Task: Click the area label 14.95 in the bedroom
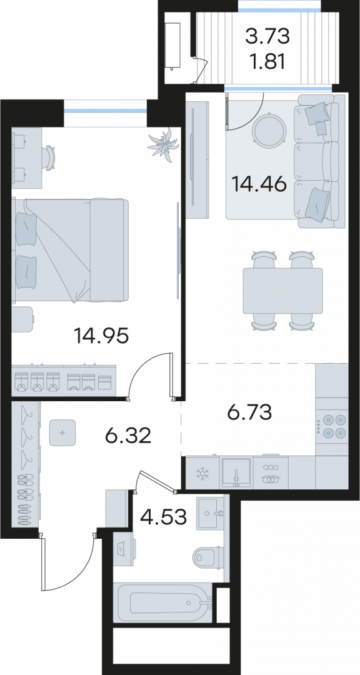(x=101, y=336)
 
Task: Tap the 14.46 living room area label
(x=259, y=184)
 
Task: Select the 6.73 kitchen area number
(x=249, y=413)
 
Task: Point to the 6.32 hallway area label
(x=128, y=436)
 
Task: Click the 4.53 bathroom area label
(x=164, y=517)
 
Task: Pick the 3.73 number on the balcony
(x=267, y=37)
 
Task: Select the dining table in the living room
(x=283, y=291)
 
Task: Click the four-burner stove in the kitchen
(x=332, y=426)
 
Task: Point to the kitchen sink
(x=236, y=472)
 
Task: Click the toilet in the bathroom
(x=208, y=557)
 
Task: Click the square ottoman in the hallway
(x=62, y=432)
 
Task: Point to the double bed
(x=70, y=249)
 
